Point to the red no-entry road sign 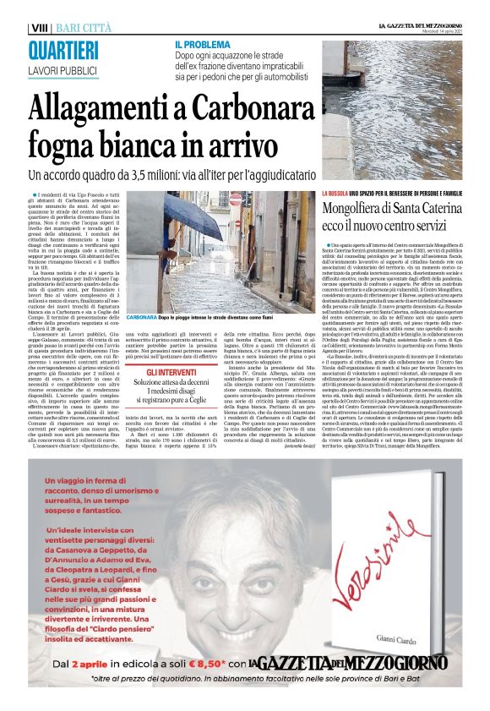point(236,200)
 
